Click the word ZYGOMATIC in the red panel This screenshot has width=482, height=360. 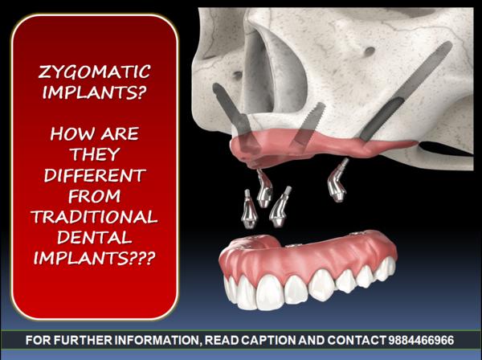pyautogui.click(x=94, y=72)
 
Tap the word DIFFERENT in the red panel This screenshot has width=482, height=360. pyautogui.click(x=95, y=175)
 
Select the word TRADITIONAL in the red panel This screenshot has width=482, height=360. pyautogui.click(x=94, y=217)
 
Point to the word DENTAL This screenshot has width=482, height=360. pyautogui.click(x=94, y=237)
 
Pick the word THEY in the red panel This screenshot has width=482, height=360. pyautogui.click(x=95, y=154)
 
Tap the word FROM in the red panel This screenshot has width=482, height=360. pyautogui.click(x=94, y=196)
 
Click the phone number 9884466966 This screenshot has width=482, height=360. pyautogui.click(x=421, y=341)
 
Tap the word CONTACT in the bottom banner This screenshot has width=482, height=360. pyautogui.click(x=357, y=341)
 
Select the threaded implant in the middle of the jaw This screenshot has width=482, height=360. pyautogui.click(x=309, y=124)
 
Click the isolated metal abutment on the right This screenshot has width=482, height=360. pyautogui.click(x=337, y=181)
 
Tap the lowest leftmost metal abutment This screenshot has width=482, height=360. pyautogui.click(x=248, y=210)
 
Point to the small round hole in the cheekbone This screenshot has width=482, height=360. pyautogui.click(x=370, y=51)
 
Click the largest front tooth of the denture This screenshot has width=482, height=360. pyautogui.click(x=270, y=292)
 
